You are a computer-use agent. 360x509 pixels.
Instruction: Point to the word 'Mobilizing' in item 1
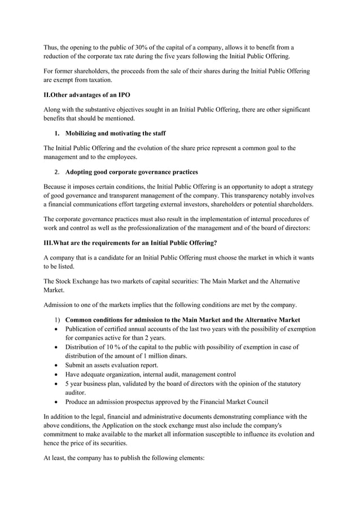(x=82, y=133)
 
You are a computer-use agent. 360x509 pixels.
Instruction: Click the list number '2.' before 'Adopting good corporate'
(x=58, y=172)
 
